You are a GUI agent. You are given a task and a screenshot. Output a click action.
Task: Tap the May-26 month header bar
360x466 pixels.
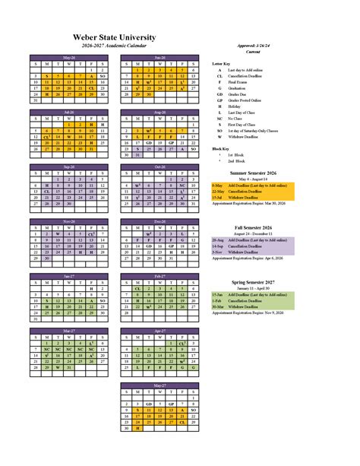pyautogui.click(x=69, y=58)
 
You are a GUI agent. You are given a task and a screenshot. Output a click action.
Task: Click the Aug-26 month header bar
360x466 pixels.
pyautogui.click(x=159, y=113)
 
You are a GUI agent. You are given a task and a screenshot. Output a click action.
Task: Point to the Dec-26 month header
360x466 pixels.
pyautogui.click(x=159, y=221)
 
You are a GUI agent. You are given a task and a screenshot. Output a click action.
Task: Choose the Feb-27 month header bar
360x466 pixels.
pyautogui.click(x=159, y=276)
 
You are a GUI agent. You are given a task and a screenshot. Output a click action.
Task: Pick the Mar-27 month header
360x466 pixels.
pyautogui.click(x=69, y=331)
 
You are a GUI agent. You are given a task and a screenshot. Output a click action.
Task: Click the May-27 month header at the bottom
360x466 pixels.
pyautogui.click(x=159, y=385)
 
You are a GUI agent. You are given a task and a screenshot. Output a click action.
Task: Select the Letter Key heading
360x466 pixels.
pyautogui.click(x=222, y=63)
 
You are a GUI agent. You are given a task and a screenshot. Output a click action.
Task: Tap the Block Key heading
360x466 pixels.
pyautogui.click(x=221, y=149)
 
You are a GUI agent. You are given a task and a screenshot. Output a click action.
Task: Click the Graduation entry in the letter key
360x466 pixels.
pyautogui.click(x=245, y=87)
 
